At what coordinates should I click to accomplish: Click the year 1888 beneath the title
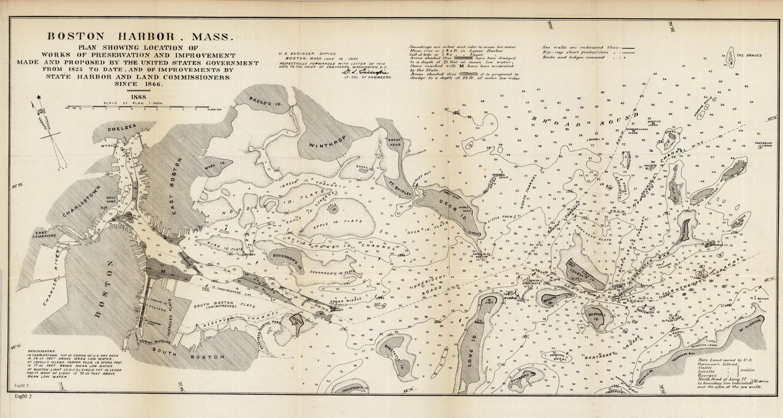tap(138, 97)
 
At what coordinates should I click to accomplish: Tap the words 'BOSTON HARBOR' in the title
tap(111, 37)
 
